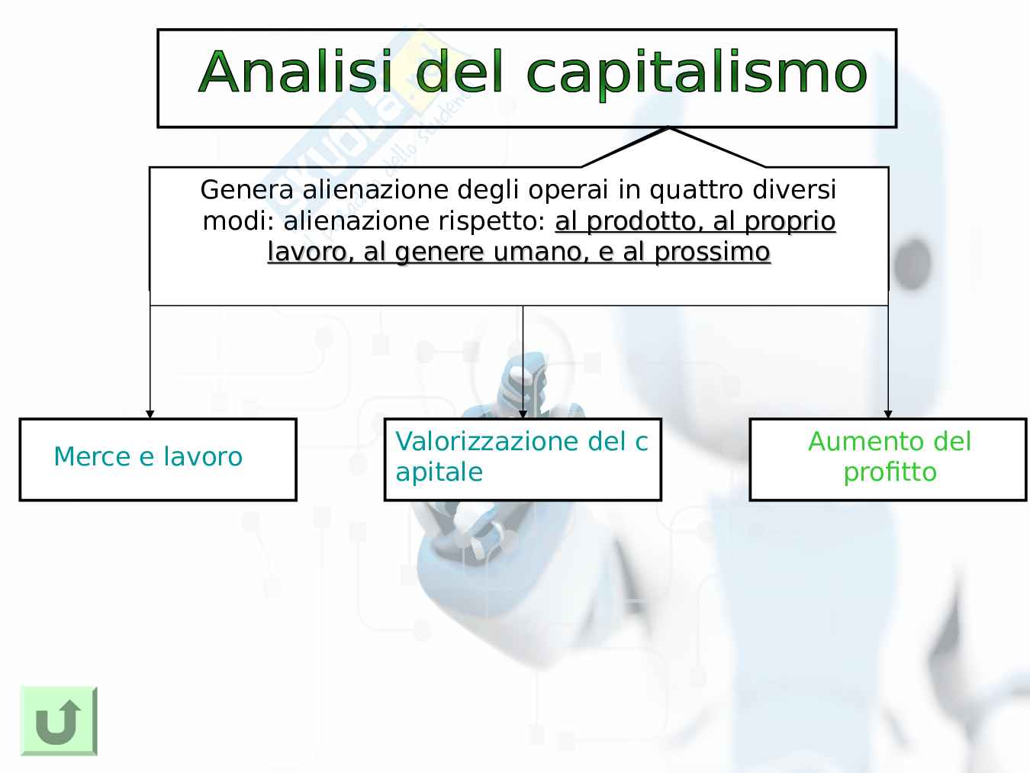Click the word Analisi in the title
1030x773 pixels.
[295, 71]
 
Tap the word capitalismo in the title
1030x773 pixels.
[697, 74]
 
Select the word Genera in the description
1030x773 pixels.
[247, 190]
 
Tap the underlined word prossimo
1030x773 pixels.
[713, 253]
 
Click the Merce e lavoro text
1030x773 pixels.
[148, 456]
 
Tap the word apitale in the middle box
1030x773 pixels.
[439, 472]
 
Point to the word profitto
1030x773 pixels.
[890, 472]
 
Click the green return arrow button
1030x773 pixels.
[59, 720]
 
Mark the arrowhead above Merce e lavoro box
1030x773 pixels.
[150, 414]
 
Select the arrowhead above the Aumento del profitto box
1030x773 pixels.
[888, 414]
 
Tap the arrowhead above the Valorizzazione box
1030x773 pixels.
[523, 414]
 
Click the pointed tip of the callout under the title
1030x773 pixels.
[669, 127]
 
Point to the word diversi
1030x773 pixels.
[794, 190]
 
